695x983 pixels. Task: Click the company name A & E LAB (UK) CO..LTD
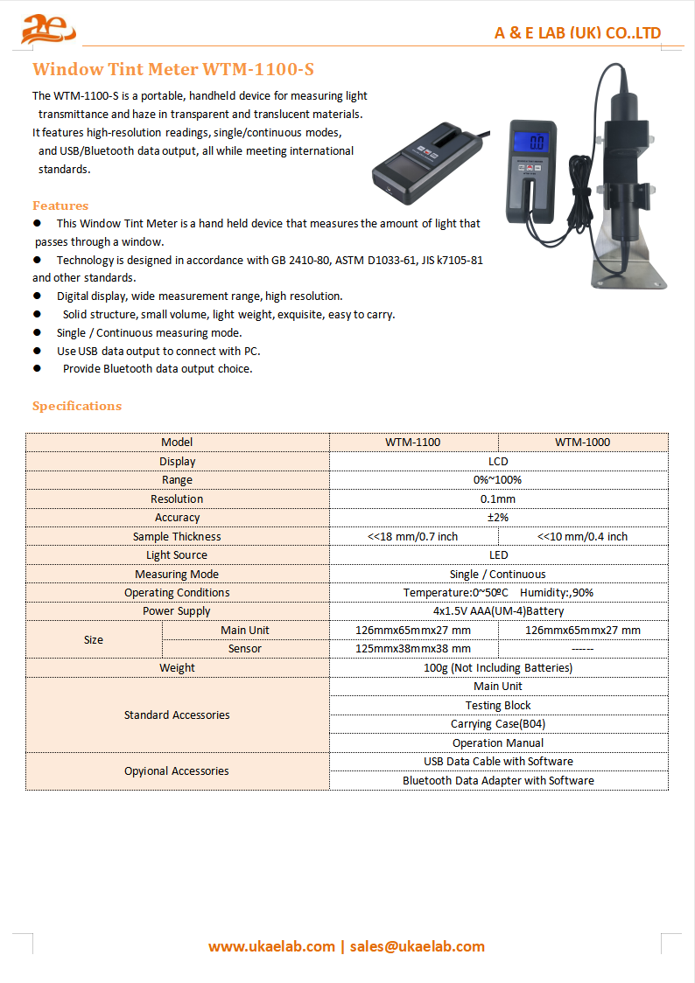point(577,33)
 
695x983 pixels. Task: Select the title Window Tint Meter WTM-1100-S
point(172,68)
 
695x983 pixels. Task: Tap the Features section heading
point(60,206)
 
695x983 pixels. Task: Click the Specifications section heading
point(77,406)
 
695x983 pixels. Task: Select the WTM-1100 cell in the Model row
point(413,443)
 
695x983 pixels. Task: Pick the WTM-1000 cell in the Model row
point(582,443)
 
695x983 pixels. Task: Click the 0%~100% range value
point(497,480)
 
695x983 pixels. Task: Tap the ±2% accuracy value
point(497,518)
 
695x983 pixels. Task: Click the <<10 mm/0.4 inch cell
point(582,537)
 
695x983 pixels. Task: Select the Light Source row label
point(177,555)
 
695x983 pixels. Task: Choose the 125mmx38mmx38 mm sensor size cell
point(413,649)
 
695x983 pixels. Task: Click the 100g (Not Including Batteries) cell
point(497,668)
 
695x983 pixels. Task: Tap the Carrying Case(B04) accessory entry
point(497,724)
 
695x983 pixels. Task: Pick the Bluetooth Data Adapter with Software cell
point(497,781)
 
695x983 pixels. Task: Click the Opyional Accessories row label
point(177,771)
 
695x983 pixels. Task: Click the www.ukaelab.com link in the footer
point(271,946)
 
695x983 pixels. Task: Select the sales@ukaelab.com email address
point(417,946)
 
